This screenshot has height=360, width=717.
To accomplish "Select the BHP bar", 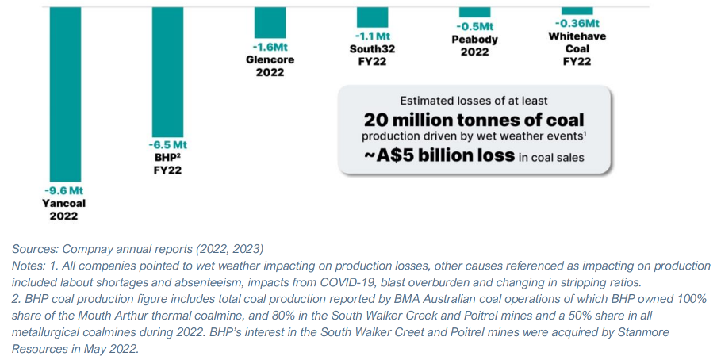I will (x=167, y=71).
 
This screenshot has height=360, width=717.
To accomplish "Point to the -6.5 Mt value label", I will (x=167, y=146).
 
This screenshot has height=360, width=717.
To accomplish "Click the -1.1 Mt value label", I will (x=371, y=36).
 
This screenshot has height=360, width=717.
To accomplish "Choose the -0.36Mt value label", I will (x=577, y=24).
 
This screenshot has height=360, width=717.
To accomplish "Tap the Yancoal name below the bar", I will (x=63, y=203).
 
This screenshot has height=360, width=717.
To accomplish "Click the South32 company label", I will (x=371, y=48).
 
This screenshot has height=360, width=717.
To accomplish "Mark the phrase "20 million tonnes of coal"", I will (x=474, y=120).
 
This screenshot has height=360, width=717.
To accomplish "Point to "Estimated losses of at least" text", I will (x=474, y=101).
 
